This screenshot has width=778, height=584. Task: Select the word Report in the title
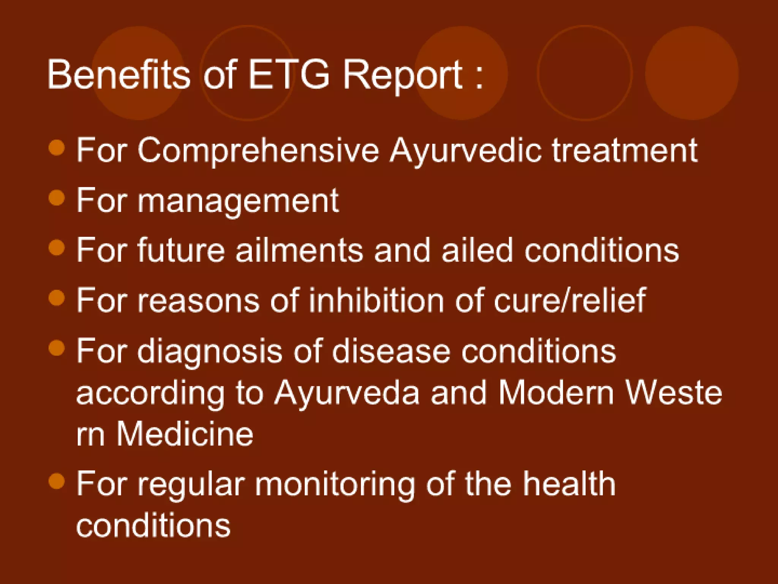(403, 75)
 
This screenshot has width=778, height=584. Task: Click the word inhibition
(376, 300)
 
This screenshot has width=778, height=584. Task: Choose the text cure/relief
(569, 300)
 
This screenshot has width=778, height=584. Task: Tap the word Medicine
(185, 434)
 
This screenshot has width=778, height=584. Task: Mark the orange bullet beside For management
(57, 198)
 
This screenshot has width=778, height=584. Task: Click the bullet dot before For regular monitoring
(57, 481)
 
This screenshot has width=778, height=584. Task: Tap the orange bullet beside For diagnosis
(57, 348)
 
